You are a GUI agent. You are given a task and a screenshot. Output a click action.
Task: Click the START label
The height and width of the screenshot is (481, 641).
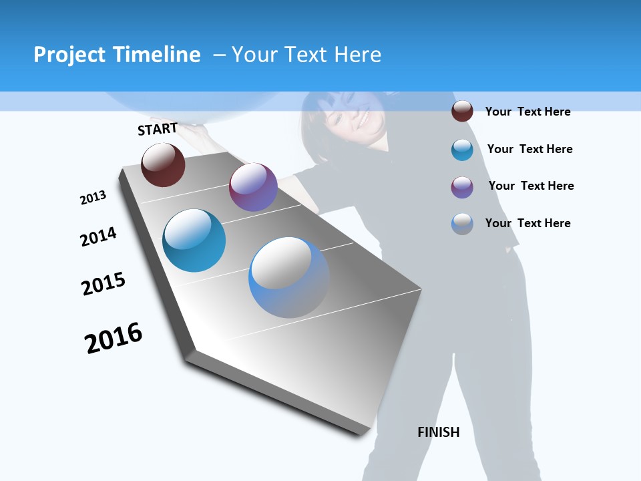pos(158,129)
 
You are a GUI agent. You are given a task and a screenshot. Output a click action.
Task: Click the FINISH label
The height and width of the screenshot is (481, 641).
pos(439,432)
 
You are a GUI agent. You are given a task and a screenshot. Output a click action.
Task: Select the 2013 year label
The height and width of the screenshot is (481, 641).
pos(93,198)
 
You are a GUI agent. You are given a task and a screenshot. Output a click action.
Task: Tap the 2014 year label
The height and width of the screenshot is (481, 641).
pos(98,236)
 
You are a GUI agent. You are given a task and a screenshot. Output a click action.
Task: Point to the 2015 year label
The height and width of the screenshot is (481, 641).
pos(103,283)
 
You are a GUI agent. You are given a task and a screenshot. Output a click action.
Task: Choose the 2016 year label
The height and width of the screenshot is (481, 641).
pos(114,338)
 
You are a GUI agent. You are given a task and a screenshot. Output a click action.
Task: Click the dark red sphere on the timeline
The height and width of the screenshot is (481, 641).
pos(163,165)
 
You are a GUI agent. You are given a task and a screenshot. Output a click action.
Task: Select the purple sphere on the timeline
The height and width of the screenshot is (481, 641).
pos(253,187)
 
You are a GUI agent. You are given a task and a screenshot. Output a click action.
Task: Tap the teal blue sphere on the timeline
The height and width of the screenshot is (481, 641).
pos(194,240)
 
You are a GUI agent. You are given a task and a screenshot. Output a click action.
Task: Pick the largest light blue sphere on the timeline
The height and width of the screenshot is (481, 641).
pos(289,277)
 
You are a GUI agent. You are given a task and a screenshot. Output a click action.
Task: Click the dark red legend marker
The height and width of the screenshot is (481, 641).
pos(462,111)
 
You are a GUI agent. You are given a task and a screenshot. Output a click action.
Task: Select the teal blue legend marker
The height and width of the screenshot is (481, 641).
pos(462,150)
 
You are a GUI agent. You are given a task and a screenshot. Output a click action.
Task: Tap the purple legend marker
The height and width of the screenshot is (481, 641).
pos(462,187)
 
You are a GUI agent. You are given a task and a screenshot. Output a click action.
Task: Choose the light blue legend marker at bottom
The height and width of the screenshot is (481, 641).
pos(462,224)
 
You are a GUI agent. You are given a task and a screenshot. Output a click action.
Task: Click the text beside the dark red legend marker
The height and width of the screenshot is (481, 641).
pos(527,112)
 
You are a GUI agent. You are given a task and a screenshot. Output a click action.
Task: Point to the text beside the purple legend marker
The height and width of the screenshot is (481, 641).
pos(531,186)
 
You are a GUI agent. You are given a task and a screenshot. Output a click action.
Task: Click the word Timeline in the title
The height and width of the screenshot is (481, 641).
pos(158,55)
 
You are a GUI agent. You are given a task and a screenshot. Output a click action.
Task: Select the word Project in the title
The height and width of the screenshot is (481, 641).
pos(69,55)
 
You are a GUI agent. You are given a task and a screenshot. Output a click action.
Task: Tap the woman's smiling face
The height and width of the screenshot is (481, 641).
pos(354,117)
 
